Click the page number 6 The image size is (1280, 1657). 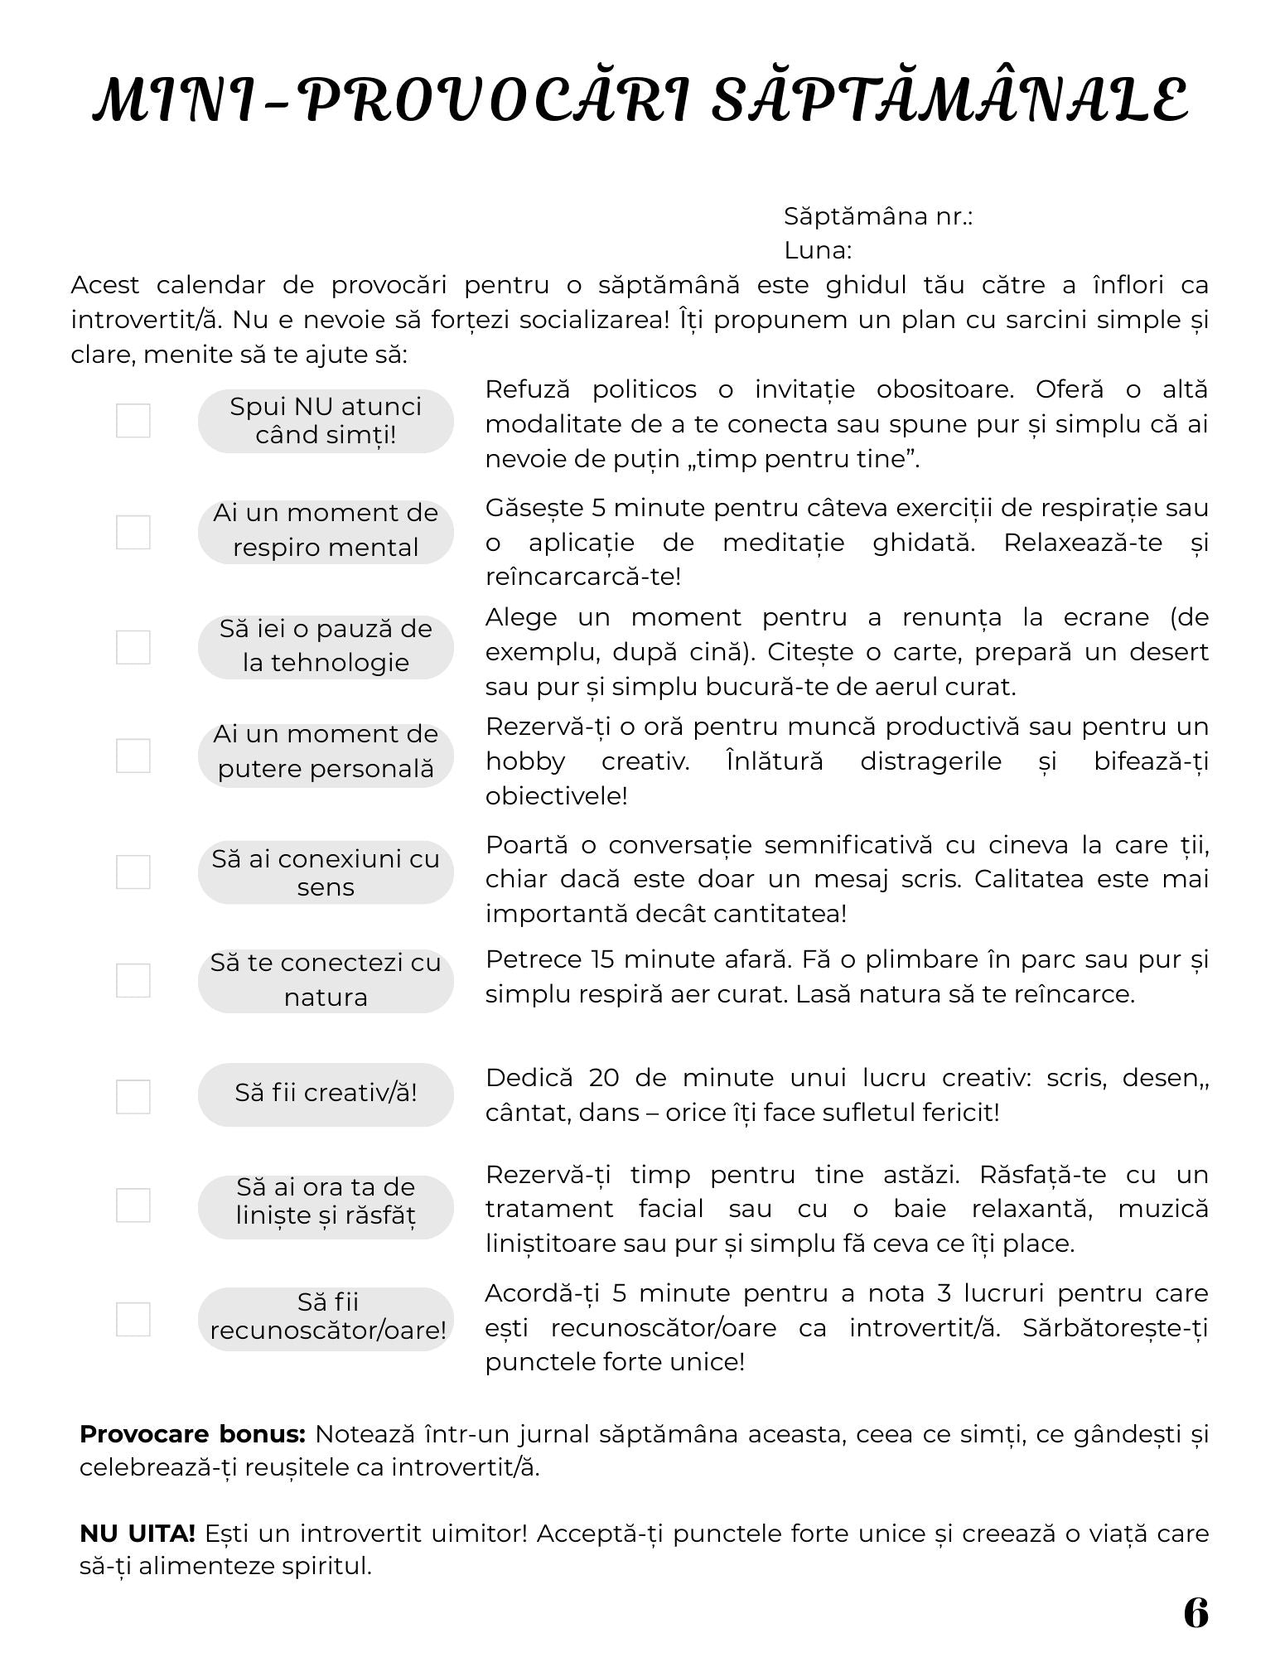point(1195,1612)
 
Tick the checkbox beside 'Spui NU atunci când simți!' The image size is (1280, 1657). point(133,421)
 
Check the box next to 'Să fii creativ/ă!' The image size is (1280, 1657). point(133,1097)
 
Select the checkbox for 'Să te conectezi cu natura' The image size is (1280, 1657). point(133,981)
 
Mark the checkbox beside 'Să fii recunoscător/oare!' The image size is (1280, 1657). point(133,1319)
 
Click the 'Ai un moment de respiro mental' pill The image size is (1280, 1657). point(326,531)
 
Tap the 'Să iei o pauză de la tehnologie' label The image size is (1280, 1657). point(326,646)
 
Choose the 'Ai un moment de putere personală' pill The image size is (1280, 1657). point(326,752)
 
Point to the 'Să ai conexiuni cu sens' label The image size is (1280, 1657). point(326,872)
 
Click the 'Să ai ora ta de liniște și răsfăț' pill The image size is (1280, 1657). point(326,1202)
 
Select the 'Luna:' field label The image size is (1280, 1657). point(818,250)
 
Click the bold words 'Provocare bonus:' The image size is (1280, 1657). point(193,1434)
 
